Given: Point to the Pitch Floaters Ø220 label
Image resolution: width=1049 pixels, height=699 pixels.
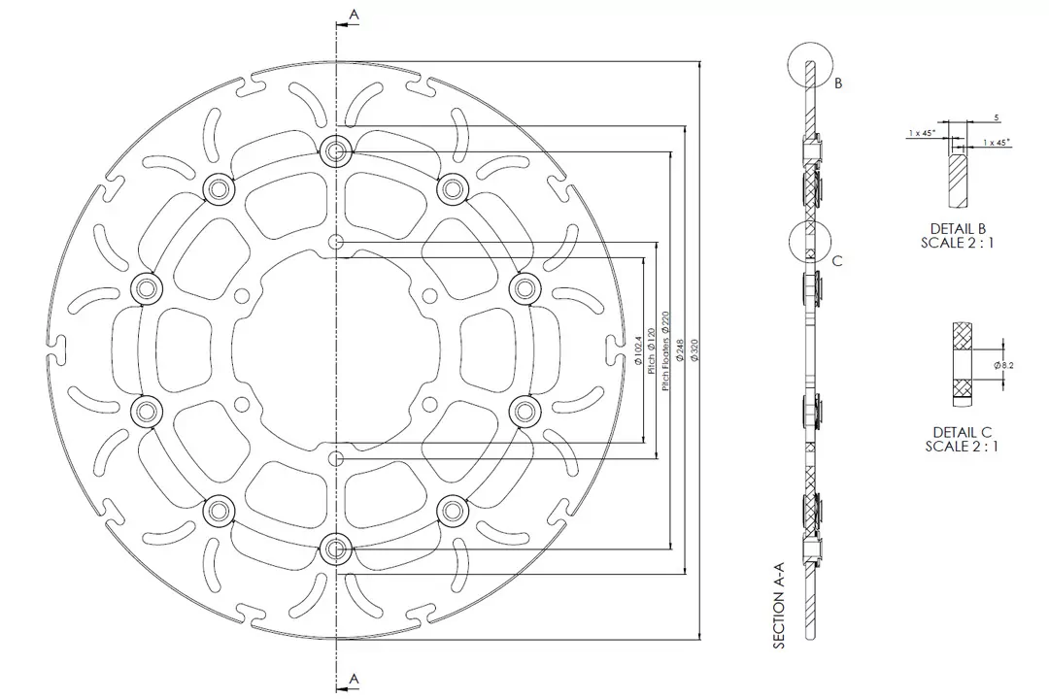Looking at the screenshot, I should pyautogui.click(x=666, y=350).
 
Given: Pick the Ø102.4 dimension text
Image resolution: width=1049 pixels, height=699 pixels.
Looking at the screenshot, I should pyautogui.click(x=638, y=355).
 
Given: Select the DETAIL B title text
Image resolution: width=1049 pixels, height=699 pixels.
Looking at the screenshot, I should pyautogui.click(x=958, y=229).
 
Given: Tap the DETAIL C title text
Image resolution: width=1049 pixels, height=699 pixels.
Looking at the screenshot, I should pyautogui.click(x=962, y=432).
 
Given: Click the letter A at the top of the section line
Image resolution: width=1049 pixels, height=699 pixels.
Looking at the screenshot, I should pyautogui.click(x=354, y=14).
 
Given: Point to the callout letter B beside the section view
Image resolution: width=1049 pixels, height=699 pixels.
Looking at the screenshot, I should pyautogui.click(x=837, y=83).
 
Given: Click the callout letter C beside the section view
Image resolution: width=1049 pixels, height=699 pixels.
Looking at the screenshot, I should pyautogui.click(x=837, y=260).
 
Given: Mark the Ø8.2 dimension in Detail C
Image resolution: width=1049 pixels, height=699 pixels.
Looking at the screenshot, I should pyautogui.click(x=1004, y=364).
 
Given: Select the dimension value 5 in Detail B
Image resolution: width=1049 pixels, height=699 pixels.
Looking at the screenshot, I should pyautogui.click(x=997, y=117).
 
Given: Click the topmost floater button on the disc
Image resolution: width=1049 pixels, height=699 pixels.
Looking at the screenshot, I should pyautogui.click(x=336, y=150).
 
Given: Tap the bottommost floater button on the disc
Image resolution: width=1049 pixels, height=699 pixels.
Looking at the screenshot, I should pyautogui.click(x=336, y=549).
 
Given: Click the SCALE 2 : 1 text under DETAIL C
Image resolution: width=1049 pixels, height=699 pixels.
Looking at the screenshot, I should pyautogui.click(x=962, y=447).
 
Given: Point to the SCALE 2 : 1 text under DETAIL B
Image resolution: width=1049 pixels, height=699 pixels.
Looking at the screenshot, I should pyautogui.click(x=958, y=244).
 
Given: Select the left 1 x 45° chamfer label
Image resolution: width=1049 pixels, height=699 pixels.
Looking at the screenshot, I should pyautogui.click(x=922, y=132).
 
